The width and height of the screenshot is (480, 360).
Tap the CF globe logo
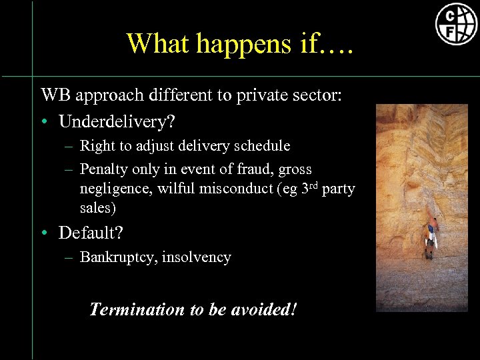click(456, 24)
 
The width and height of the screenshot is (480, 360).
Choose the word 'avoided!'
click(266, 309)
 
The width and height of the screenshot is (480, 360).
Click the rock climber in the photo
click(430, 233)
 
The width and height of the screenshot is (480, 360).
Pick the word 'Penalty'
click(101, 169)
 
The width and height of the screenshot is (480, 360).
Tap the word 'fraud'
click(257, 169)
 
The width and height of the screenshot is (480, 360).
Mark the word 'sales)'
click(97, 208)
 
